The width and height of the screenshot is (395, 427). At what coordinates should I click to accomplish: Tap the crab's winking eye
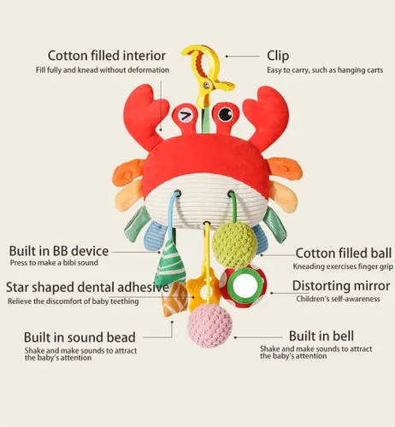click(x=186, y=115)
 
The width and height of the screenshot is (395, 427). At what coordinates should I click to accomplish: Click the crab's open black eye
click(x=225, y=114)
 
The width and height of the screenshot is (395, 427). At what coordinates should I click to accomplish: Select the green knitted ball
click(x=235, y=244)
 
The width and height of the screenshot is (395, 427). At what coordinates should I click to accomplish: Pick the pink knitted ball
click(x=209, y=325)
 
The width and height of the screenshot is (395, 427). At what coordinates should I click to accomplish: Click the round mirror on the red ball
click(x=245, y=284)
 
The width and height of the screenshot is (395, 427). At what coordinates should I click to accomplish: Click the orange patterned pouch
click(x=174, y=300)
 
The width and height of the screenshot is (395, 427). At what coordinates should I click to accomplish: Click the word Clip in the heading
click(x=278, y=56)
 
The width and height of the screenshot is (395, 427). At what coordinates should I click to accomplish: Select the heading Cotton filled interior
click(x=107, y=56)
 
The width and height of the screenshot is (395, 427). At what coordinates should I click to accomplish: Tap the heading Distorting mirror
click(x=341, y=286)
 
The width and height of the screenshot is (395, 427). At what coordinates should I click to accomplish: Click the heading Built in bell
click(x=321, y=336)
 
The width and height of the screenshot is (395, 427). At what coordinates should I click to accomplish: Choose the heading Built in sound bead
click(x=80, y=337)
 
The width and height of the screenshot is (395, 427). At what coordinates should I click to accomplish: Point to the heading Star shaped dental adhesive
click(x=87, y=287)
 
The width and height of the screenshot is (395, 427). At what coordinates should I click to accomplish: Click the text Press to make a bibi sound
click(x=54, y=262)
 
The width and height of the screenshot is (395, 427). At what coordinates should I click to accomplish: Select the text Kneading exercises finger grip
click(x=343, y=266)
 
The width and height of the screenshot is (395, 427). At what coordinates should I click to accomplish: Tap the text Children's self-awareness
click(x=338, y=299)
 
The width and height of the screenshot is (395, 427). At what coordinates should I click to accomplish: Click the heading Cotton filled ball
click(x=344, y=253)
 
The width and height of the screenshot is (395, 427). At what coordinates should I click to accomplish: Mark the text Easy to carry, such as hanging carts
click(x=325, y=70)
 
